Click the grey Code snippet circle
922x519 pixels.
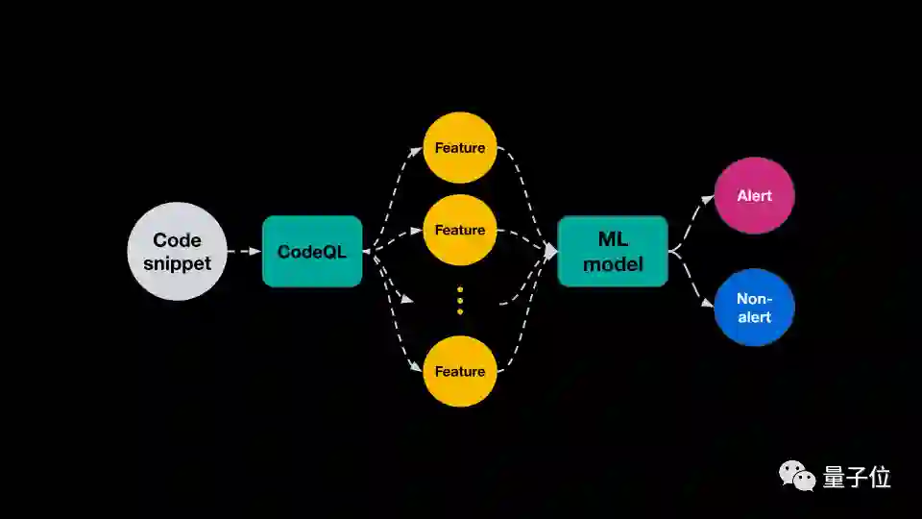[178, 251]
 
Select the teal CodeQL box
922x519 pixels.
[312, 251]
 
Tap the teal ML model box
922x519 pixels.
[613, 251]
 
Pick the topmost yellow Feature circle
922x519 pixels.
[460, 148]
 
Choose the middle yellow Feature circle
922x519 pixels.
[460, 230]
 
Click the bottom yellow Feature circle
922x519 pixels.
[460, 371]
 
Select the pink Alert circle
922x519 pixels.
[754, 196]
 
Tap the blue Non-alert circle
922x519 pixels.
[754, 308]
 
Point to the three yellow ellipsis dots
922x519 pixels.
[460, 300]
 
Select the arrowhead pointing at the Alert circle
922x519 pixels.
[709, 198]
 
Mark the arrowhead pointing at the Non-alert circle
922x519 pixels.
[709, 305]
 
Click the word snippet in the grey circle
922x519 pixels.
[178, 262]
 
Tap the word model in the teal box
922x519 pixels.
[613, 263]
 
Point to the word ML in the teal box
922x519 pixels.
[613, 237]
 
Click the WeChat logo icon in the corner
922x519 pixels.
[797, 475]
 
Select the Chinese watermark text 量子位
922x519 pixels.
[857, 477]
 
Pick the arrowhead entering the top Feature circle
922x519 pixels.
[418, 150]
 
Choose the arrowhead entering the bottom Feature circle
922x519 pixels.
[418, 369]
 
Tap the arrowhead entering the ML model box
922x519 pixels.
[551, 251]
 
